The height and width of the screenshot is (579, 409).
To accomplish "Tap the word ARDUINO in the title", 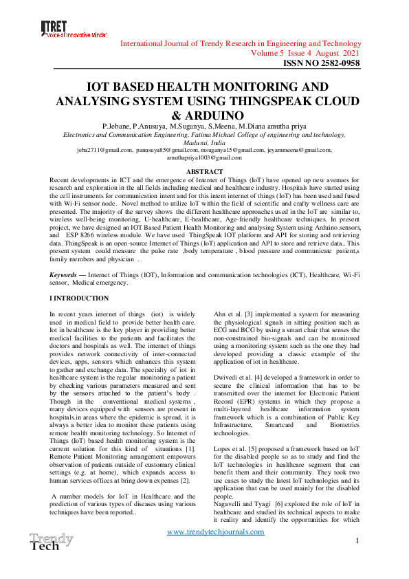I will point(204,116).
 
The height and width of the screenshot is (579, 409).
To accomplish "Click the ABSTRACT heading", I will point(204,171).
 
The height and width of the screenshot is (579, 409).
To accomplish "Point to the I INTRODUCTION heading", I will point(79,298).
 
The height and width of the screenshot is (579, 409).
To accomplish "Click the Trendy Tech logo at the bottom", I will point(50,541).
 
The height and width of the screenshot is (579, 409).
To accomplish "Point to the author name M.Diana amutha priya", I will point(271,127).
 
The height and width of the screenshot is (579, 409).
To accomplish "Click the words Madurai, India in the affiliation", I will point(204,142).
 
